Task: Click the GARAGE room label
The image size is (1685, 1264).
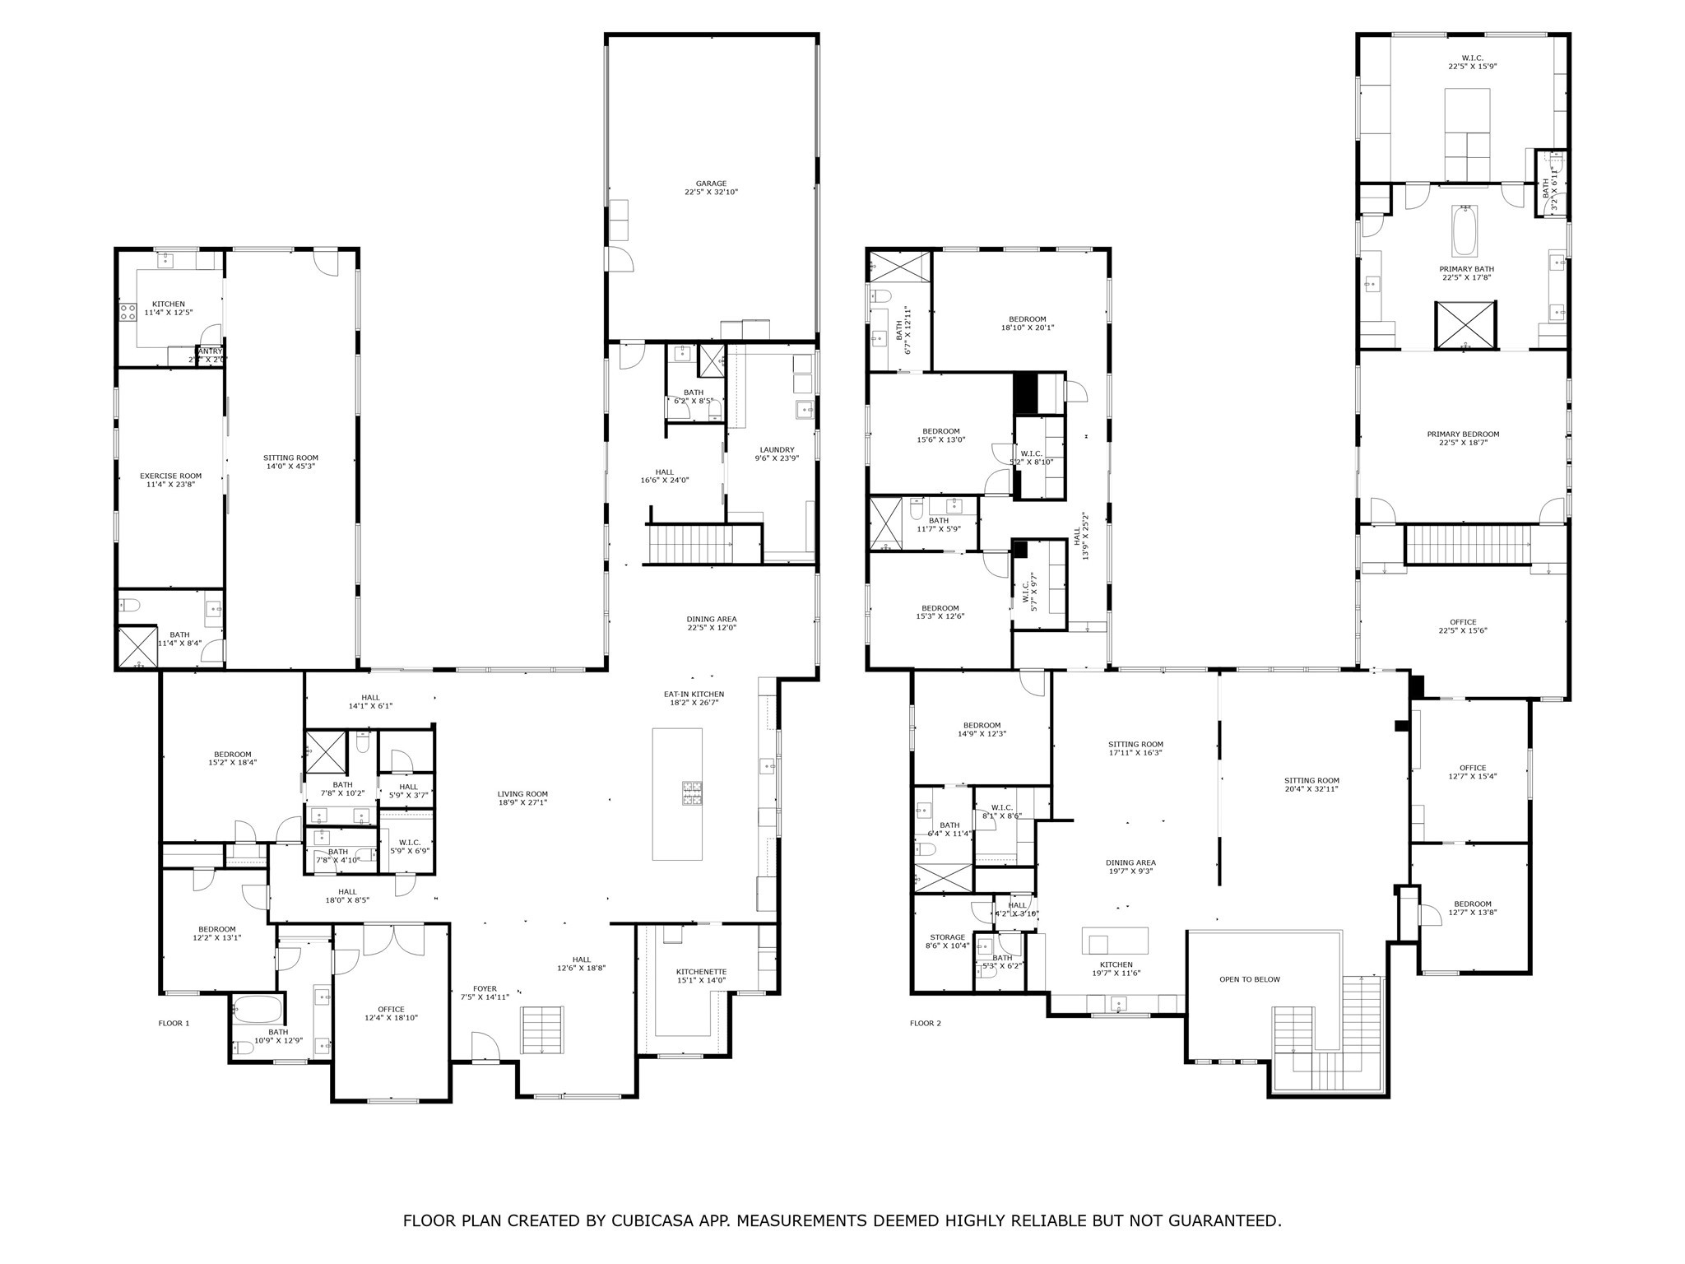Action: [x=711, y=184]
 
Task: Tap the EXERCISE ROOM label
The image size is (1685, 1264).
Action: [x=170, y=476]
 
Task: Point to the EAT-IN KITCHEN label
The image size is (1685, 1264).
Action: [x=694, y=695]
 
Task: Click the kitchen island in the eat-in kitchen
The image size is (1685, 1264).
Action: [x=677, y=793]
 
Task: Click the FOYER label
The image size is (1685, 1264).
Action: [x=485, y=989]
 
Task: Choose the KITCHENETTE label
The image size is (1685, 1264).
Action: [x=700, y=971]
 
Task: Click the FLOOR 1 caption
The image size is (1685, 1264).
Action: [x=174, y=1024]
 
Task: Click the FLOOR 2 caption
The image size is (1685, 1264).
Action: [x=925, y=1024]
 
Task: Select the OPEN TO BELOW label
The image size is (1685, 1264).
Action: [x=1249, y=979]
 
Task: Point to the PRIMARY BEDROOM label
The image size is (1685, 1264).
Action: [x=1463, y=434]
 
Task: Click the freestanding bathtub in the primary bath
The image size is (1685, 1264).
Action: [x=1465, y=232]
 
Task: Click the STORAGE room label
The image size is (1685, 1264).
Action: [x=947, y=937]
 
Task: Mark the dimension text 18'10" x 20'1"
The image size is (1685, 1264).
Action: [x=1028, y=328]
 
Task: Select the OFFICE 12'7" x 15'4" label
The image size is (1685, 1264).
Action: [x=1472, y=768]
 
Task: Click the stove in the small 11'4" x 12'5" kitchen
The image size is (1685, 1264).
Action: [x=128, y=313]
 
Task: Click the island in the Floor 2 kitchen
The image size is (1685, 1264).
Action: [x=1115, y=940]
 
